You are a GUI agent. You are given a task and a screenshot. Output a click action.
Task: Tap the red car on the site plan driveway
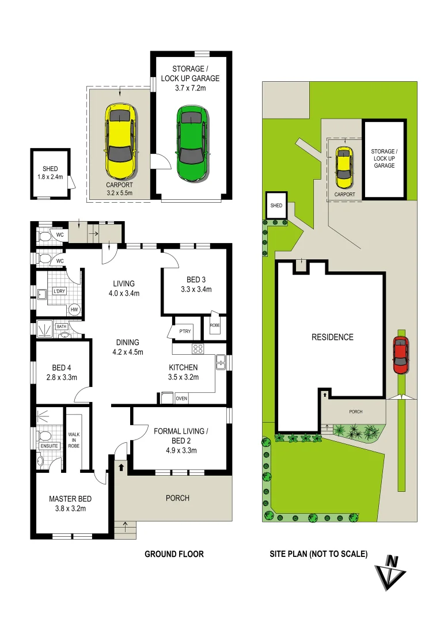click(401, 355)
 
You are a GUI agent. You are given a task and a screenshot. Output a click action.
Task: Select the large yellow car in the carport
click(120, 141)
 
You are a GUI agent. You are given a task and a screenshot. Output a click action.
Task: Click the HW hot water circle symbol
click(74, 310)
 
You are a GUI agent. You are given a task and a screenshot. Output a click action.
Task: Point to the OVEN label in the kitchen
click(181, 398)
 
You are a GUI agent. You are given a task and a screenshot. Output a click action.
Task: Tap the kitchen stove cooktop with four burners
click(198, 348)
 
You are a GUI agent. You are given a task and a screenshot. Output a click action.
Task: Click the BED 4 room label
click(62, 368)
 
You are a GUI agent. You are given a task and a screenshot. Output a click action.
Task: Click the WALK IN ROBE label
click(73, 440)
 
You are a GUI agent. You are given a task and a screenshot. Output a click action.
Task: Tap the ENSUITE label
click(48, 446)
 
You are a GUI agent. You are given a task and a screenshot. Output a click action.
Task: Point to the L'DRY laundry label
click(59, 291)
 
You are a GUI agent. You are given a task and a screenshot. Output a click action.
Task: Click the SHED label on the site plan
click(276, 206)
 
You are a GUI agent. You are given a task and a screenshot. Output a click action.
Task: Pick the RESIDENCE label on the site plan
click(332, 337)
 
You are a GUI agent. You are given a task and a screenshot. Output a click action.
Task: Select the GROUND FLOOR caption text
click(174, 554)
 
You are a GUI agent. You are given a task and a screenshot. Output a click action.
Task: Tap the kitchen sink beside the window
click(221, 362)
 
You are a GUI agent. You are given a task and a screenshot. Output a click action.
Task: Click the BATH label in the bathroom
click(62, 327)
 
